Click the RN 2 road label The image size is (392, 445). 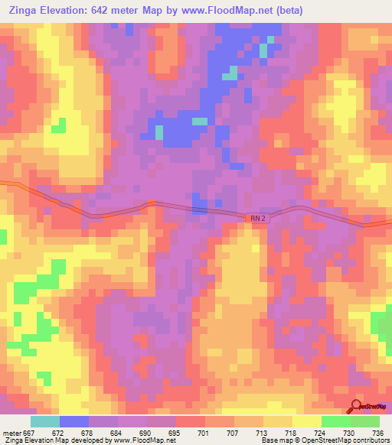click(259, 219)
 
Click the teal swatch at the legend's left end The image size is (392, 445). click(44, 421)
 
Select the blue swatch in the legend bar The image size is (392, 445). click(73, 421)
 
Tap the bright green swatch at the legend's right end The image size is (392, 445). click(364, 421)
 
